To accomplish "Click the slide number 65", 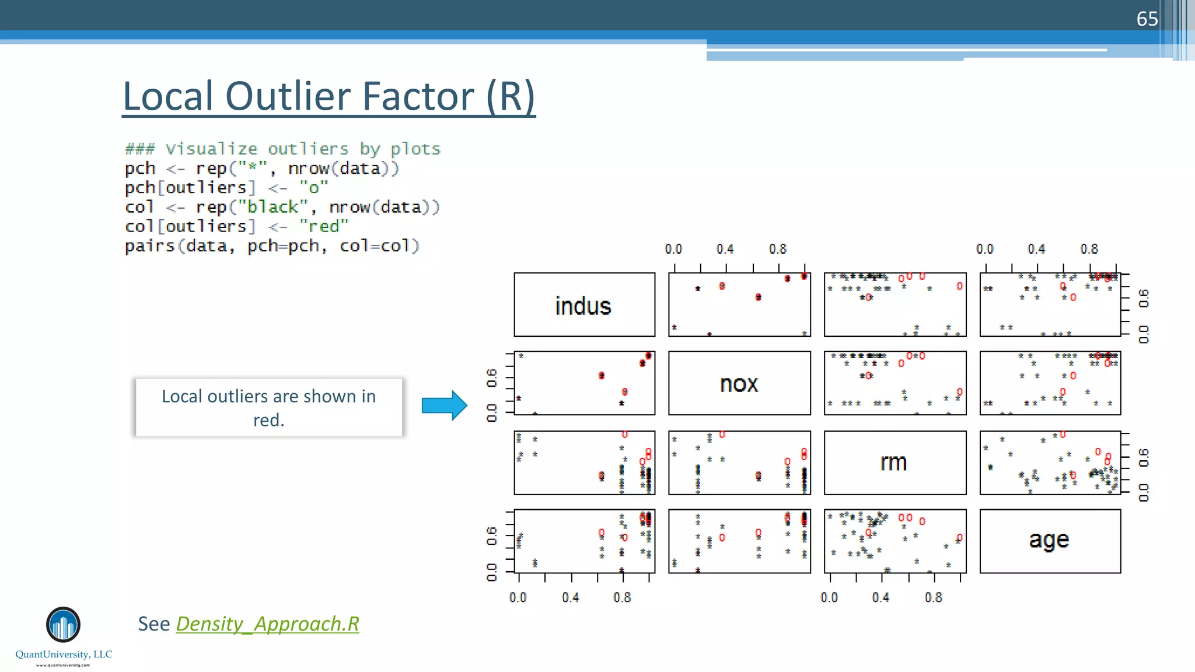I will [1147, 19].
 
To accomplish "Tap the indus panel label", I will [583, 306].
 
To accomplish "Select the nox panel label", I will [739, 384].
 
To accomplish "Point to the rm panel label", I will [893, 462].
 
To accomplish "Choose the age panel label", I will [1049, 540].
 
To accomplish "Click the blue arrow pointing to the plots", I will [444, 405].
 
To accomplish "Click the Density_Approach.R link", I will [267, 624].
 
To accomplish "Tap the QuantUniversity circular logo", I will [63, 625].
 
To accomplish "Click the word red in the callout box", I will [268, 420].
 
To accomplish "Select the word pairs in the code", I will [150, 246].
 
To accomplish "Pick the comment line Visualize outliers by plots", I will [282, 149].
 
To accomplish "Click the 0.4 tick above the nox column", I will [725, 249].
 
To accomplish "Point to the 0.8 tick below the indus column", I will [622, 597].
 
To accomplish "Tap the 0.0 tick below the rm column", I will [829, 597].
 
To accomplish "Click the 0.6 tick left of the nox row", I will [492, 377].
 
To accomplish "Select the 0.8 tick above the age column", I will [1089, 249].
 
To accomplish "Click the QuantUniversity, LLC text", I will [64, 654].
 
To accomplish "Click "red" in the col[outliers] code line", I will [323, 226].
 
